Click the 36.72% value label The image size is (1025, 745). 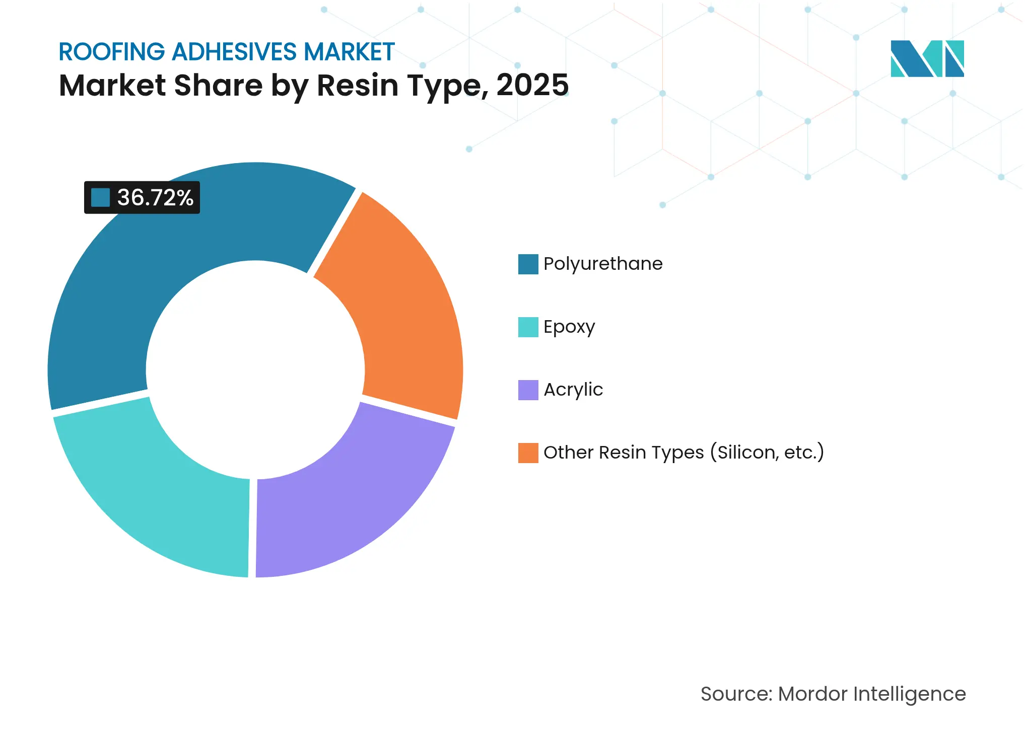tap(155, 198)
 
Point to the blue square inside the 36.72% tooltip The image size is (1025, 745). tap(100, 198)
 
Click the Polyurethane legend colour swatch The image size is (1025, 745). tap(528, 264)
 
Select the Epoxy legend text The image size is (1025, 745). tap(569, 327)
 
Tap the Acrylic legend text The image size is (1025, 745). tap(573, 390)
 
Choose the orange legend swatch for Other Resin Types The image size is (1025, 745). tap(528, 453)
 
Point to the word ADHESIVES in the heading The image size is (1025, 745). tap(234, 52)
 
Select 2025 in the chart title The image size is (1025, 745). tap(532, 86)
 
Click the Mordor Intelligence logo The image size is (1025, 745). tap(927, 59)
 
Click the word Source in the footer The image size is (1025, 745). tap(735, 694)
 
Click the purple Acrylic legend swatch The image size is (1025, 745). tap(528, 390)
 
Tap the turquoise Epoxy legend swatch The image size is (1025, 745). tap(528, 327)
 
